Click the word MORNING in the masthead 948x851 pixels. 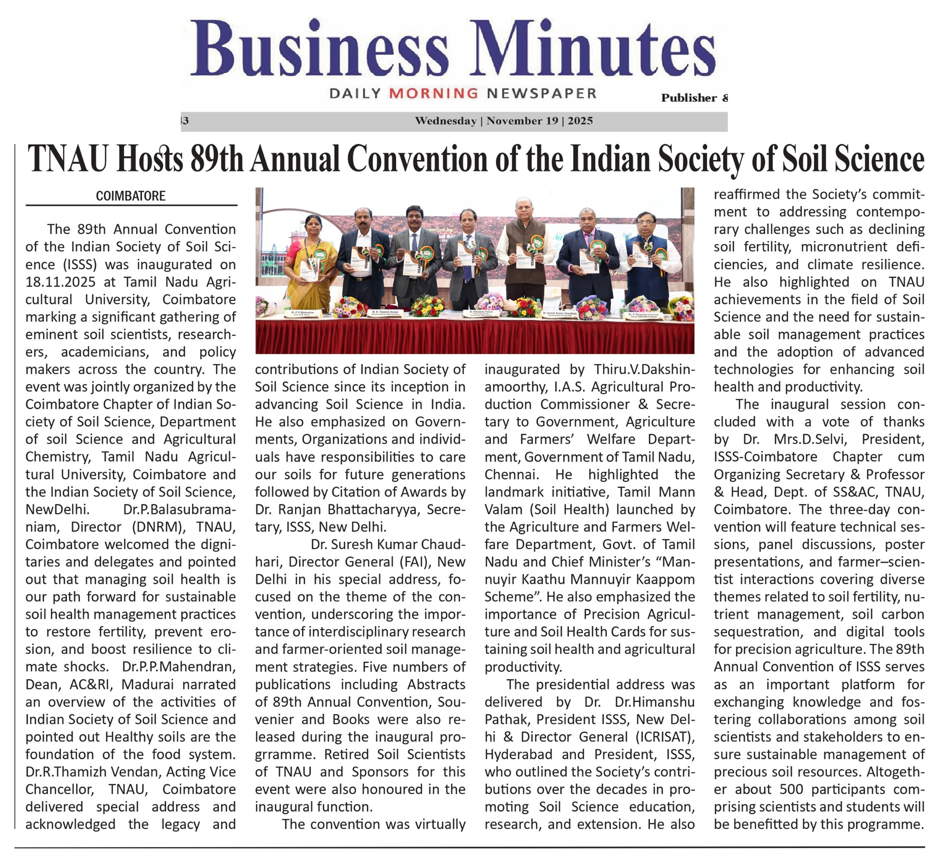coord(434,93)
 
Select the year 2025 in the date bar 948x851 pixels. coord(580,121)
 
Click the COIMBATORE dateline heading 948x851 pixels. coord(130,196)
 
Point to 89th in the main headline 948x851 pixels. coord(216,159)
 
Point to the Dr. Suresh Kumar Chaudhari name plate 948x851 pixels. coord(560,314)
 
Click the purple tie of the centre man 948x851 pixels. coord(467,264)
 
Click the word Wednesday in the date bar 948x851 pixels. coord(445,121)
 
